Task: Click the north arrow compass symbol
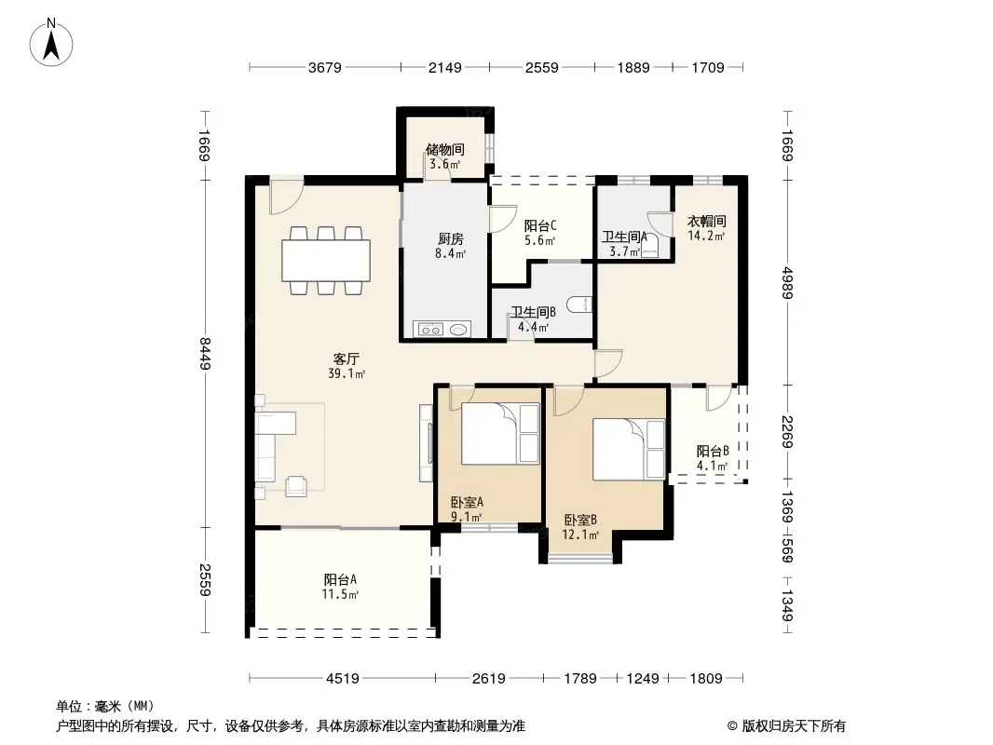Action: point(51,43)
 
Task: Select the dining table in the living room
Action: point(326,260)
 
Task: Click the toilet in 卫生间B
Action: point(579,305)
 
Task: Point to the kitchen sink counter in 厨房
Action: point(442,329)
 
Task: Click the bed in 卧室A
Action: point(499,434)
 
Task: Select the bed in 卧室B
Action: point(629,450)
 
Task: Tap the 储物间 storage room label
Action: point(445,149)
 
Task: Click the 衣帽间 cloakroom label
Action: point(707,222)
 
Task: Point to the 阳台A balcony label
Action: point(340,579)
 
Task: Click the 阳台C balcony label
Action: point(540,225)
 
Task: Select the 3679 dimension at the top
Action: point(325,67)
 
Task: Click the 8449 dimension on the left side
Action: point(205,354)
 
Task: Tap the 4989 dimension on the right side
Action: point(787,283)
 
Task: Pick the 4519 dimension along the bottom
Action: point(343,679)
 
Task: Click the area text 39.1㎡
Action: point(347,373)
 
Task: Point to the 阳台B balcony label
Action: point(713,452)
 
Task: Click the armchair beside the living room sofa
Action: point(295,485)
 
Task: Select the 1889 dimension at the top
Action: point(633,67)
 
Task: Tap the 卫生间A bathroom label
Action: point(624,237)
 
